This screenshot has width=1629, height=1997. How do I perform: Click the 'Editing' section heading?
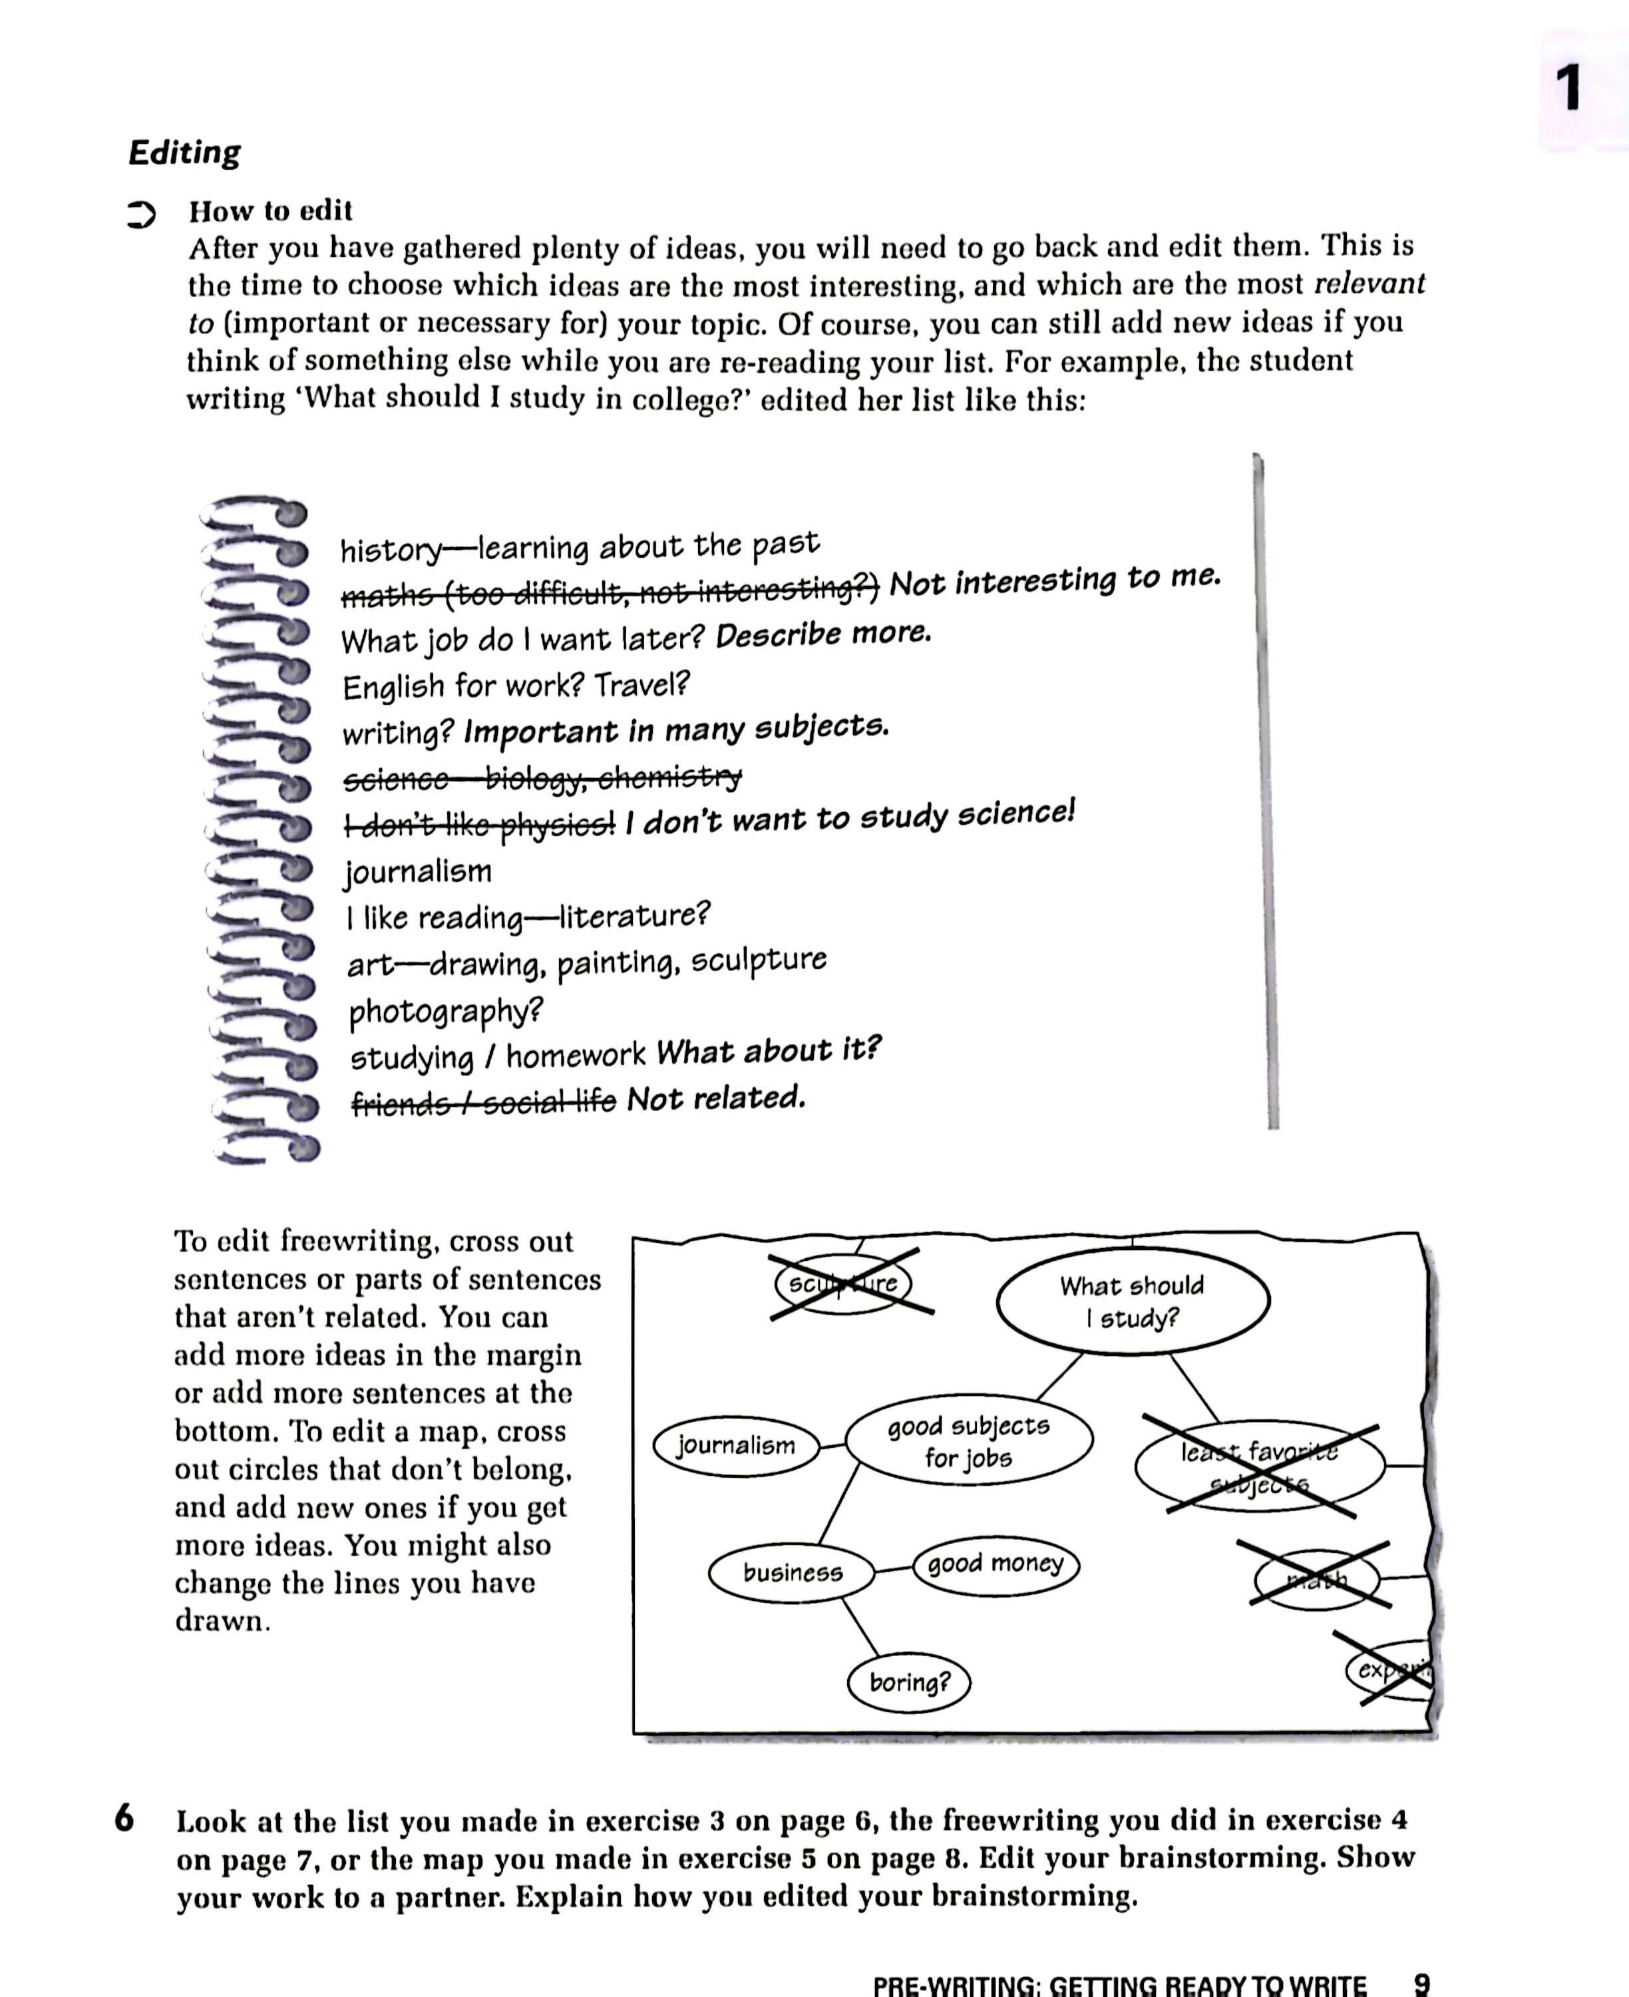(185, 152)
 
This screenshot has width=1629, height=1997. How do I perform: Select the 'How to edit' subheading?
(270, 210)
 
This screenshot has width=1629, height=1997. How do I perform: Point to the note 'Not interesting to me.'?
(1055, 581)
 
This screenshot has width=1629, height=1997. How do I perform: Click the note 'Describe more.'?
(823, 635)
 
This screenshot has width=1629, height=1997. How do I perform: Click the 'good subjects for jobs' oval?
(968, 1441)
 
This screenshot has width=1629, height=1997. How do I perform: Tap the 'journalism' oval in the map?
(736, 1445)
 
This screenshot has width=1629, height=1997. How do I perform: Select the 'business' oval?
(792, 1572)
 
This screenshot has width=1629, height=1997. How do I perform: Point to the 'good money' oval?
(995, 1564)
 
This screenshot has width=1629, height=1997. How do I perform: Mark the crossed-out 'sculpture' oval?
(842, 1284)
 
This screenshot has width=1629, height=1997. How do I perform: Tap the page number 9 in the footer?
(1421, 1983)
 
